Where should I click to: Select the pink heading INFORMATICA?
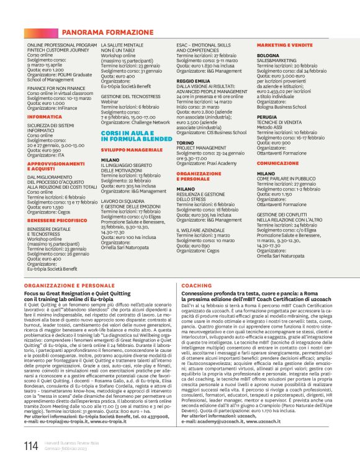tap(45, 116)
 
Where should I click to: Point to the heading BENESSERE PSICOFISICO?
tap(56, 219)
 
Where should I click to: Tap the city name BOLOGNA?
tap(269, 55)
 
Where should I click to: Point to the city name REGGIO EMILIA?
tap(194, 81)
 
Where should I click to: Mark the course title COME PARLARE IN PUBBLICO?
tap(287, 179)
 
